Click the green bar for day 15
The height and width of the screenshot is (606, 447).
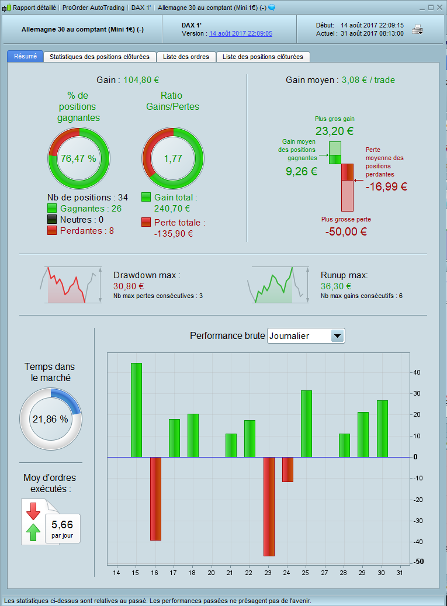(136, 410)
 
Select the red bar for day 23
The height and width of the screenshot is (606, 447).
(269, 506)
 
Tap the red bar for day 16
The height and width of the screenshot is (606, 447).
(155, 498)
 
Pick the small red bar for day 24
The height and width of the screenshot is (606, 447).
(287, 469)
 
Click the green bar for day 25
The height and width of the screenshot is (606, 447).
(306, 424)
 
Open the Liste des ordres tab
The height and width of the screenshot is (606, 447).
(186, 57)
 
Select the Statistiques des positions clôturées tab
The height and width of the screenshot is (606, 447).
(99, 57)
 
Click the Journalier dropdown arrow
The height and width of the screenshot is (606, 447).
(338, 336)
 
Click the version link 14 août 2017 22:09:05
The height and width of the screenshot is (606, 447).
(241, 33)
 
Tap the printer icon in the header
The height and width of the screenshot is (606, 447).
(418, 29)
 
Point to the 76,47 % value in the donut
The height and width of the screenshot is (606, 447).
(78, 158)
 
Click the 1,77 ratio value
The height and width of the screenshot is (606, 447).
(173, 158)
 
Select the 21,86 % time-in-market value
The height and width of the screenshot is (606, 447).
(50, 419)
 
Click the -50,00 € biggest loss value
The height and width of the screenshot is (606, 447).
(346, 231)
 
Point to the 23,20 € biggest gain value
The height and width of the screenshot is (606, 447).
(334, 131)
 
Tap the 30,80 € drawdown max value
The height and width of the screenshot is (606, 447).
(129, 286)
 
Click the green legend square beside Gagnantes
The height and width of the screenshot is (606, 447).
(52, 209)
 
